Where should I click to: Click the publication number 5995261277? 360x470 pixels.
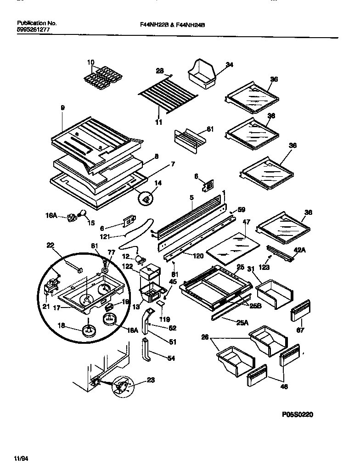33,29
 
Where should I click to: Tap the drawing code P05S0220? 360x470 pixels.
297,414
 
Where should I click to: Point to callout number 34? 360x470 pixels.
229,65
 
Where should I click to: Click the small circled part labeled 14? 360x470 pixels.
146,199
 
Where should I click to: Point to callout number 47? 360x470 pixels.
246,222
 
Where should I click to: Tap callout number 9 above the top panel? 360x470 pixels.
63,108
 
